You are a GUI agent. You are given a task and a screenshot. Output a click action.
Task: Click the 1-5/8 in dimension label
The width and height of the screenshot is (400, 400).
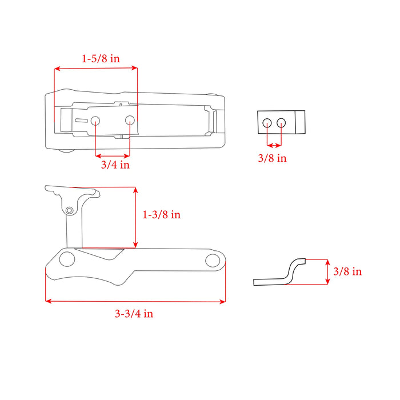101,59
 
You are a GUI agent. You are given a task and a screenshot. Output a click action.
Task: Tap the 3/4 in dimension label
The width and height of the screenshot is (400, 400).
115,165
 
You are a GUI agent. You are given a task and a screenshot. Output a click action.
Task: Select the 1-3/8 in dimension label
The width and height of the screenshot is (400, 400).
161,214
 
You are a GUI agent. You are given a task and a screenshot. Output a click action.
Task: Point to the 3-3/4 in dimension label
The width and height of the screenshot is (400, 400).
134,313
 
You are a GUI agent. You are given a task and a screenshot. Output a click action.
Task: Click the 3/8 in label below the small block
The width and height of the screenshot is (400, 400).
272,158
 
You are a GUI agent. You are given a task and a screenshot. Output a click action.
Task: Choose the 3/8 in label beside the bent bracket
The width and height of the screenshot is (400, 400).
347,271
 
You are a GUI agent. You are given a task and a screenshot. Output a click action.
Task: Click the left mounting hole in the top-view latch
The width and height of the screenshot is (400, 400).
95,121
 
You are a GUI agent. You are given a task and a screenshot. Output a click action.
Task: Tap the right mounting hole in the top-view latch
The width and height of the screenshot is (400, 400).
130,120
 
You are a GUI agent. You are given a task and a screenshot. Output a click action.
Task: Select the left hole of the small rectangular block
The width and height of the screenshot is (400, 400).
267,123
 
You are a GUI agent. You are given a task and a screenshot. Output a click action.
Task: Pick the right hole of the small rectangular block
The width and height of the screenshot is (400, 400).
281,122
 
